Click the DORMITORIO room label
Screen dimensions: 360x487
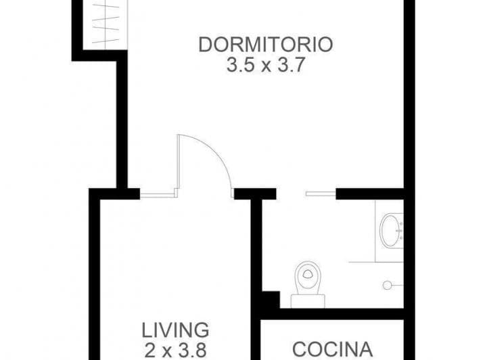[x=265, y=45]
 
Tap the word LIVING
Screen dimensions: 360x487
[x=175, y=330]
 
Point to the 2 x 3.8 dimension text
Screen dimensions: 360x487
[x=175, y=350]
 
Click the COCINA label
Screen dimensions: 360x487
[x=331, y=349]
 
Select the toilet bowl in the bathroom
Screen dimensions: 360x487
[x=308, y=277]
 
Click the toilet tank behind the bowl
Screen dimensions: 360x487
[x=308, y=300]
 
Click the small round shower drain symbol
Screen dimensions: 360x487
[x=388, y=285]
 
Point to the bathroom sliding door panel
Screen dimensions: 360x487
[x=321, y=194]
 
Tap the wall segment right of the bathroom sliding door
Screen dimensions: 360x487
[x=369, y=194]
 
